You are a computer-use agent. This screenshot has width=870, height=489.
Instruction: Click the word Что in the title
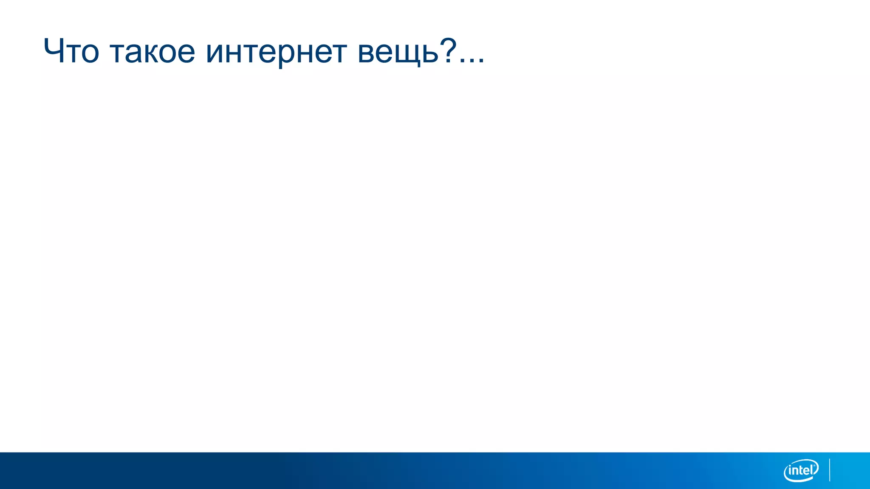[x=71, y=51]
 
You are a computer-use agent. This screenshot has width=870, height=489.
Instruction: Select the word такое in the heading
[x=153, y=52]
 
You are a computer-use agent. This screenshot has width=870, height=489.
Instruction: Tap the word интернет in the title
[x=276, y=52]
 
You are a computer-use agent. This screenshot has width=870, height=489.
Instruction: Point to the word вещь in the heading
[x=398, y=52]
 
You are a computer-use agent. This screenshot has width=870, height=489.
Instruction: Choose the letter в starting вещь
[x=367, y=53]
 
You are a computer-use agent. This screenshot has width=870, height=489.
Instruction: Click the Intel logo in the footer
[x=801, y=470]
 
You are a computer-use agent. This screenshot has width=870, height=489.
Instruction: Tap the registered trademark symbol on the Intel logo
[x=816, y=465]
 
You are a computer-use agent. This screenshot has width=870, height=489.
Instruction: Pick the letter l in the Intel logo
[x=813, y=469]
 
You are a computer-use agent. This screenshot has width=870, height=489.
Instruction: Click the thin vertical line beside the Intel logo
[x=830, y=470]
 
